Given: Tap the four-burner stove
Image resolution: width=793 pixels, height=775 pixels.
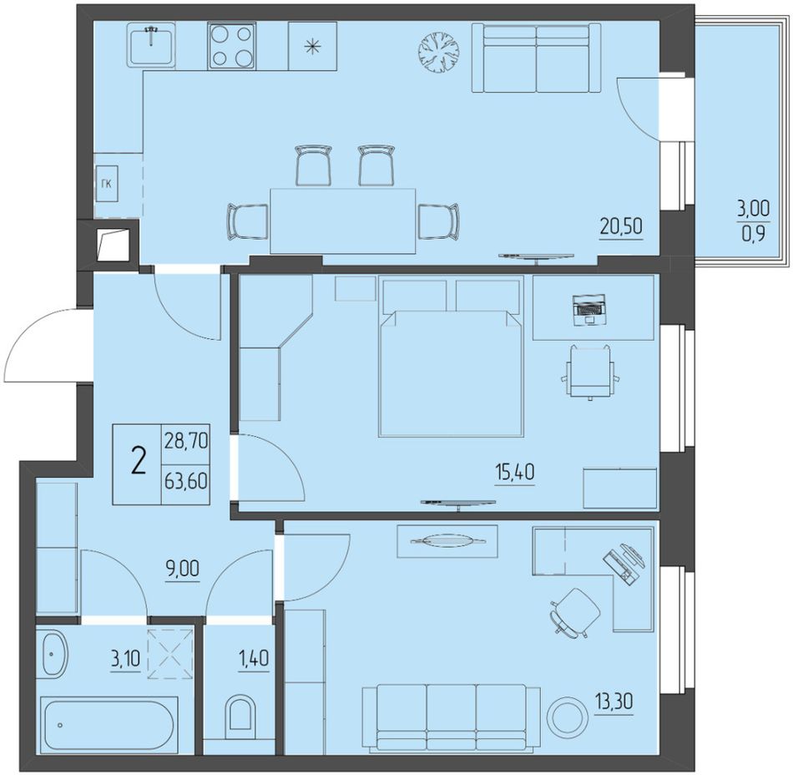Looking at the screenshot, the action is tap(231, 46).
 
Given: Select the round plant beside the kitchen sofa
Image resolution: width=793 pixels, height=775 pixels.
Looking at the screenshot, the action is tap(439, 52).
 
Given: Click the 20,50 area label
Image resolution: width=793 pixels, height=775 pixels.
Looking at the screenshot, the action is tap(621, 226).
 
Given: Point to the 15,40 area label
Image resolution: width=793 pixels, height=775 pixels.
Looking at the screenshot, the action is tap(514, 473).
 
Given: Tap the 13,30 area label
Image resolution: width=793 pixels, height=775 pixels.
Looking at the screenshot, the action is tap(614, 702).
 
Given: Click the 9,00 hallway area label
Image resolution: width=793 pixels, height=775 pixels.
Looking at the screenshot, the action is tap(182, 569).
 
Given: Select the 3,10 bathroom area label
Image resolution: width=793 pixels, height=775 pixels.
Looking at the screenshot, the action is tap(125, 659).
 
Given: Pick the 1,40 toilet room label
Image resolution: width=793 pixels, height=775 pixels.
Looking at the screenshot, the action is tap(254, 659).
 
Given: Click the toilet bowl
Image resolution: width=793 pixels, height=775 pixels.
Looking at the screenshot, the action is tap(241, 712).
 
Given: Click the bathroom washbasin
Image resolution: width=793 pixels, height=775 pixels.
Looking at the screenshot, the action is tap(54, 654).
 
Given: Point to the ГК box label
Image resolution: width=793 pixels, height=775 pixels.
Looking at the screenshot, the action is tap(106, 184).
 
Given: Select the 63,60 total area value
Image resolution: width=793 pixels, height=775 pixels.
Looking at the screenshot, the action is tap(185, 481).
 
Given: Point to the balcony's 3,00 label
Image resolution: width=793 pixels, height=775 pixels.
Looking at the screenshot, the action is tap(753, 208).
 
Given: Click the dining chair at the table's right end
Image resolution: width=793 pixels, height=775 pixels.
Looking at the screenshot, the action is tap(439, 221).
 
